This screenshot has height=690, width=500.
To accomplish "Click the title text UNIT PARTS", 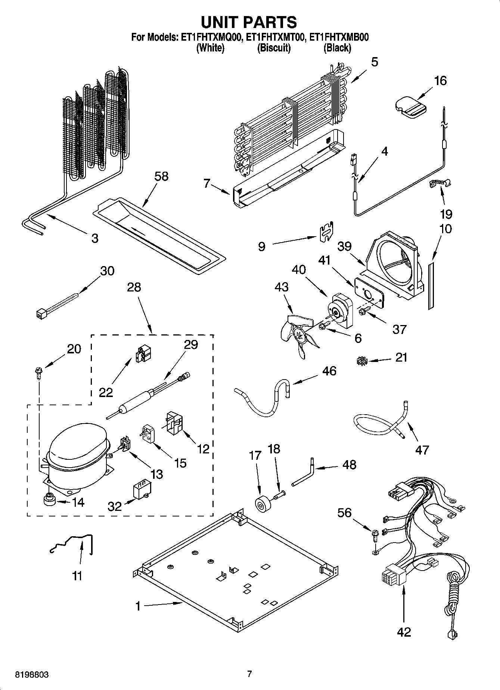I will coord(249,22).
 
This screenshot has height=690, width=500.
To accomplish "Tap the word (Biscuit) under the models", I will coord(274,48).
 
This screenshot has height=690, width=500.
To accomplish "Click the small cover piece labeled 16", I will coord(409,107).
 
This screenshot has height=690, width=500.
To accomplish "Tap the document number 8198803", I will coord(32,674).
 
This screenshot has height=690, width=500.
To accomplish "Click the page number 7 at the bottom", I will coord(249,674).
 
